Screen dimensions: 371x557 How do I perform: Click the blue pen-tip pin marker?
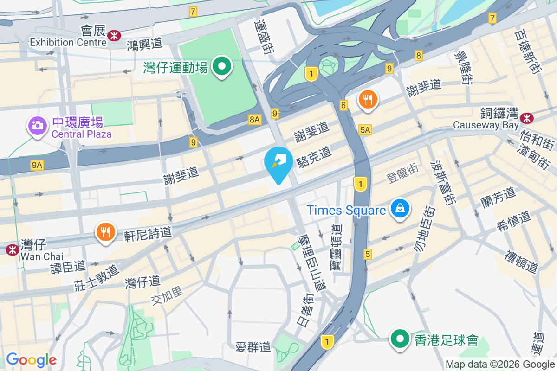pos(278,162)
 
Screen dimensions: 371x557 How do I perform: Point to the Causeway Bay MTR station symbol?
pos(527,118)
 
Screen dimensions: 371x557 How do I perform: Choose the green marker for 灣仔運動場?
pos(222,66)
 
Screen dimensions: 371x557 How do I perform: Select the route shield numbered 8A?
pos(254,119)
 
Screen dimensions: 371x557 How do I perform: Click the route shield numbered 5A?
pos(365,130)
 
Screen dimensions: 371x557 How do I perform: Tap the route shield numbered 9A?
pos(37,165)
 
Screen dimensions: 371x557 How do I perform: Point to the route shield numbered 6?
pos(343,105)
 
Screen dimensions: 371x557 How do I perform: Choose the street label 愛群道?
pos(253,347)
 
